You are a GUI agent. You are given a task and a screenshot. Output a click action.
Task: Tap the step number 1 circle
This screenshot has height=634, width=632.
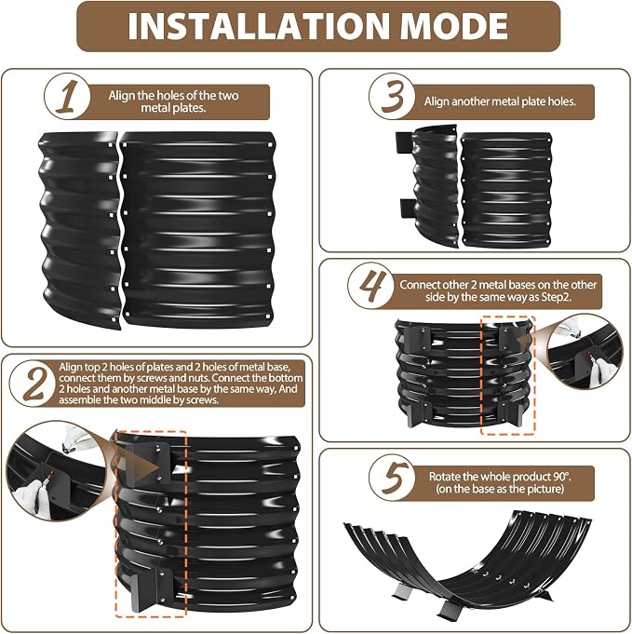click(67, 97)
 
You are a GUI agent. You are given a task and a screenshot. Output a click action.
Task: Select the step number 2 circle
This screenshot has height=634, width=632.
click(34, 383)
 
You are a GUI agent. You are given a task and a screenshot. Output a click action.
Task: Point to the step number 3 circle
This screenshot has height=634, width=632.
click(392, 97)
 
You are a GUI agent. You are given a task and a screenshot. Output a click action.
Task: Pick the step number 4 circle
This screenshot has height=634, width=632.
click(370, 286)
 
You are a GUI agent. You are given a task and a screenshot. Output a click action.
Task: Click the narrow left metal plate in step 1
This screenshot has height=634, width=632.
click(80, 230)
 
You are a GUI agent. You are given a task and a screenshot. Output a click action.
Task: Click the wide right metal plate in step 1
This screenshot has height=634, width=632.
click(198, 229)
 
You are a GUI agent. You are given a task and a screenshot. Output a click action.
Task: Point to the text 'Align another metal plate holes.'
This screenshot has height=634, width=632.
click(500, 101)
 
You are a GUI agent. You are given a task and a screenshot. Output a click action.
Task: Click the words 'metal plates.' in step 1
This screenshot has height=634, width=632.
click(173, 108)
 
